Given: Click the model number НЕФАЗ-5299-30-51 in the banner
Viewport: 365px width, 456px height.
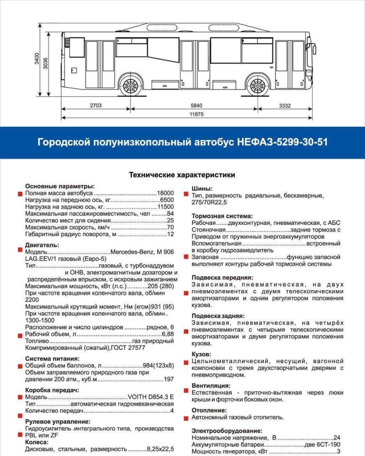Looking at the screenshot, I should [282, 142].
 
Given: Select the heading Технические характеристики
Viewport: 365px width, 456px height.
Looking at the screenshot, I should [182, 175].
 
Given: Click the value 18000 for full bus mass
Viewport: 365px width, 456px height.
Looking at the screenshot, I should [165, 193].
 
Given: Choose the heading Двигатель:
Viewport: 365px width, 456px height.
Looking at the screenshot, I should [42, 245].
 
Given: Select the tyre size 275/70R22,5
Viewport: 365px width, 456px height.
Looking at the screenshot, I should [209, 203].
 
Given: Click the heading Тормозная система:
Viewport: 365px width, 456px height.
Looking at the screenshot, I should [222, 216].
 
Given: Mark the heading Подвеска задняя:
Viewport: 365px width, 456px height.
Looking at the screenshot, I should [218, 316].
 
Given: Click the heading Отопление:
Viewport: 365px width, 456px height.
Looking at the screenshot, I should [209, 410].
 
